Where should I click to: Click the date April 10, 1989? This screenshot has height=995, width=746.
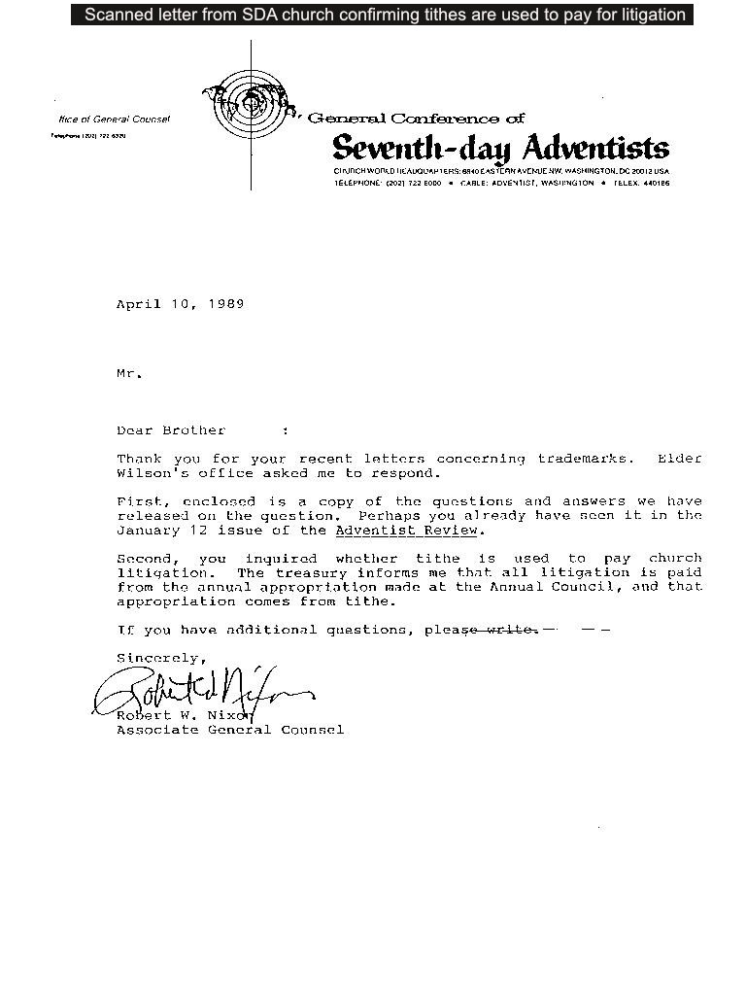coord(180,304)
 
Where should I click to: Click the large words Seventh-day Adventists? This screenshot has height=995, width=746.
coord(500,149)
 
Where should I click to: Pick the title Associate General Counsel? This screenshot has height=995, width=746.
coord(230,730)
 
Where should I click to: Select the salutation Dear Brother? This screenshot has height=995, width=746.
coord(171,430)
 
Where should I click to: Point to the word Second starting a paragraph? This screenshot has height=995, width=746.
coord(148,559)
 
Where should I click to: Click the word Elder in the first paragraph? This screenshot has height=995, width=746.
coord(679,459)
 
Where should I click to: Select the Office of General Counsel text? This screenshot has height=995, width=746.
coord(114,120)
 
